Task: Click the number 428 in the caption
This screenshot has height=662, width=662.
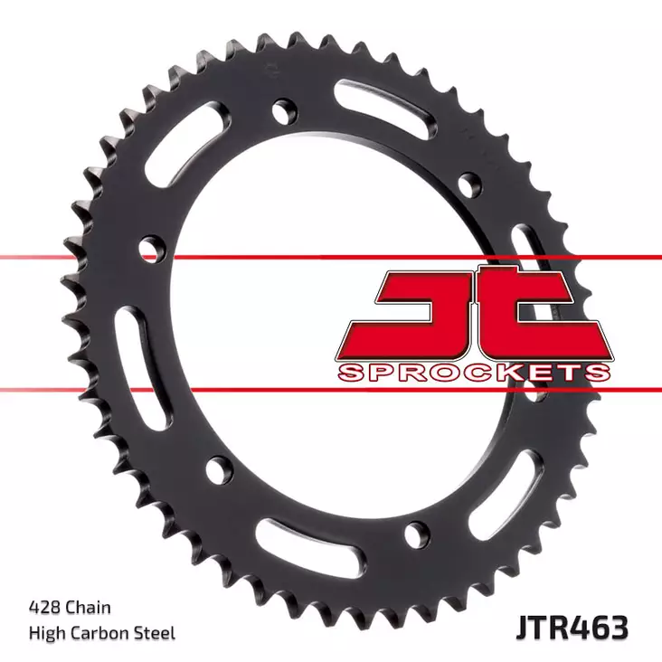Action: tap(43, 609)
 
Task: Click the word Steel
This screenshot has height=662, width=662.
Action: tap(156, 632)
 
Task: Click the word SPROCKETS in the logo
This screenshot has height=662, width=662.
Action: tap(473, 373)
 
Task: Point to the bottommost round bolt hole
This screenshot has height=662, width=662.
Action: tap(414, 534)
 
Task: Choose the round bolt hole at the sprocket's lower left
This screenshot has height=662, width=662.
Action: tap(218, 468)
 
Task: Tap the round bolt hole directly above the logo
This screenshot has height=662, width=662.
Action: tap(469, 184)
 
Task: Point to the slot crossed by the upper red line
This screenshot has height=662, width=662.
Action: tap(528, 258)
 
